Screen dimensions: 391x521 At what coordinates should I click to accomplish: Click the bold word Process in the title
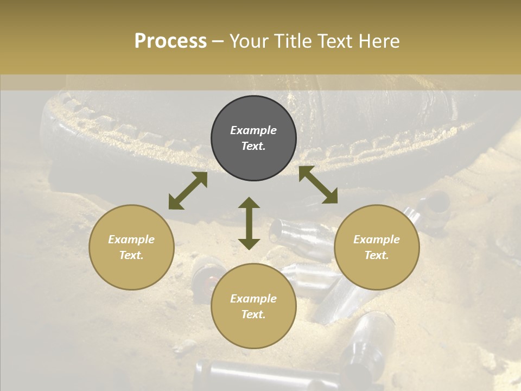(x=170, y=41)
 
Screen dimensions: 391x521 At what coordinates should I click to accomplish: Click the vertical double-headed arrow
(x=249, y=223)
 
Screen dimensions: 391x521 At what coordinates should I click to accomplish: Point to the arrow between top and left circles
(x=188, y=191)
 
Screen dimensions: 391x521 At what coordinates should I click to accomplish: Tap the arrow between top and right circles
(x=318, y=185)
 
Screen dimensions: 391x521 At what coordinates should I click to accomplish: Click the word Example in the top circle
(x=253, y=130)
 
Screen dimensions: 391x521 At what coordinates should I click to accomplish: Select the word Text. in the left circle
(x=131, y=255)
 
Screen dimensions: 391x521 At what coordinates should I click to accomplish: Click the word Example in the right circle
(x=377, y=239)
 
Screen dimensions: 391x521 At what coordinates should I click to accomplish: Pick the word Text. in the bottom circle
(x=253, y=314)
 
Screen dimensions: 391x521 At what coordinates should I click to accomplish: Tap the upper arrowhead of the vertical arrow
(x=249, y=204)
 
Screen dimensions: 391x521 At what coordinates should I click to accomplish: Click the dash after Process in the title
(x=218, y=42)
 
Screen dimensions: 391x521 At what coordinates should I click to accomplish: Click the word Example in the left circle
(x=131, y=239)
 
